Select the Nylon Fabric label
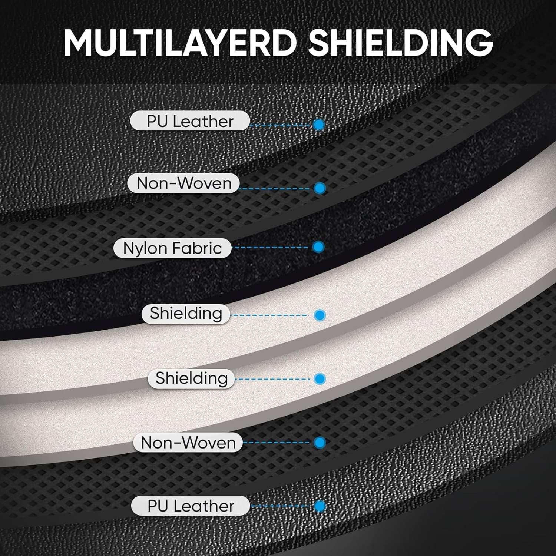coord(172,248)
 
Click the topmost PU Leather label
coord(190,121)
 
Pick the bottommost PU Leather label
coord(191,506)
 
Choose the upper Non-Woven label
coord(184,183)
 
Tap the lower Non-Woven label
coord(188,442)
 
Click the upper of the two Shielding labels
coord(186,314)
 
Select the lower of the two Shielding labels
coord(191,378)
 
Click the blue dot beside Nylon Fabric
coord(318,247)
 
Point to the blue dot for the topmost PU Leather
coord(319,125)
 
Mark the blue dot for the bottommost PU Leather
coord(320,506)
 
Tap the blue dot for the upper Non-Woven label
coord(320,188)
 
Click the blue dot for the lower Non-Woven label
coord(320,442)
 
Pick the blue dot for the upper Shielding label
coord(320,315)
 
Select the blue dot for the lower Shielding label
coord(320,379)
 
